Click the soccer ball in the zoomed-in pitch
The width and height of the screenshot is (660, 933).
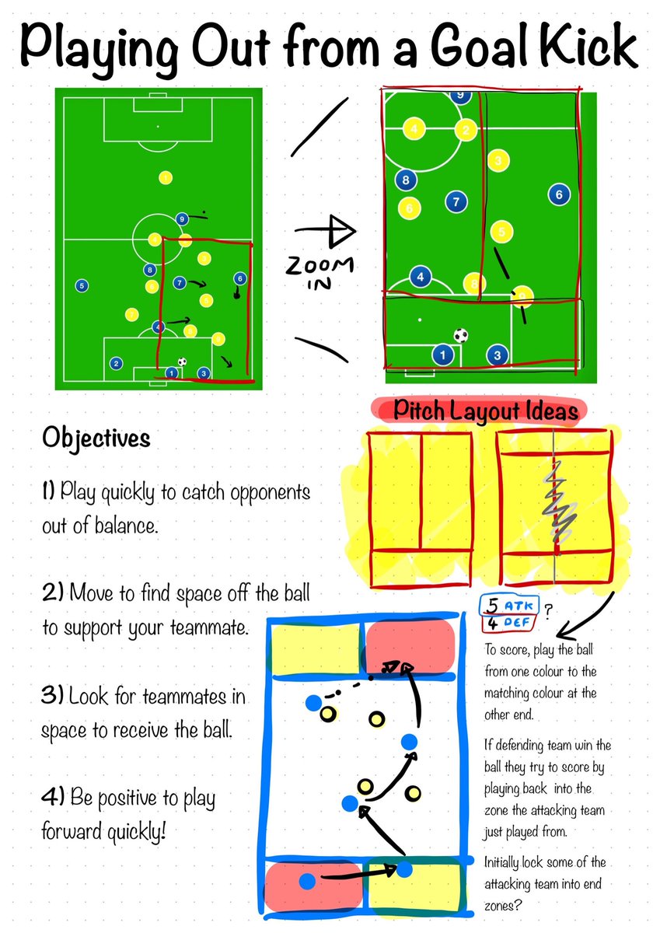[461, 336]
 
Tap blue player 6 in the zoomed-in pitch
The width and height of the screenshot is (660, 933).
[559, 194]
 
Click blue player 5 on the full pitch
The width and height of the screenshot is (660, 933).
[82, 285]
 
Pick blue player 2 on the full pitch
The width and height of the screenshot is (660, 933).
[116, 362]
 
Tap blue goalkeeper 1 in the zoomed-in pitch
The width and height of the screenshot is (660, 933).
[442, 355]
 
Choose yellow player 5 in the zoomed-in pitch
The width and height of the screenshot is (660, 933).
[502, 231]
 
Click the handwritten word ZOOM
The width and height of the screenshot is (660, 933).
[319, 266]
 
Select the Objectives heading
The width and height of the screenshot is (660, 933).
[96, 438]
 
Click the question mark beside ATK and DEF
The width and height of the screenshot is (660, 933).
[549, 611]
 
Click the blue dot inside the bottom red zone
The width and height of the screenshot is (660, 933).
[307, 881]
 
